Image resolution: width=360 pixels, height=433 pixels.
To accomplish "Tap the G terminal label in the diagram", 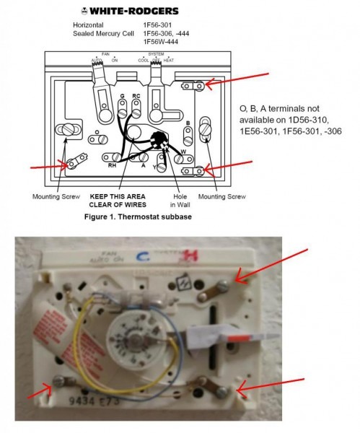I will [122, 96].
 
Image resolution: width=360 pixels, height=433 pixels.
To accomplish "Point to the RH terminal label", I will [112, 165].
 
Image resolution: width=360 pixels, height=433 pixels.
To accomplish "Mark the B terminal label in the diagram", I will [188, 123].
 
